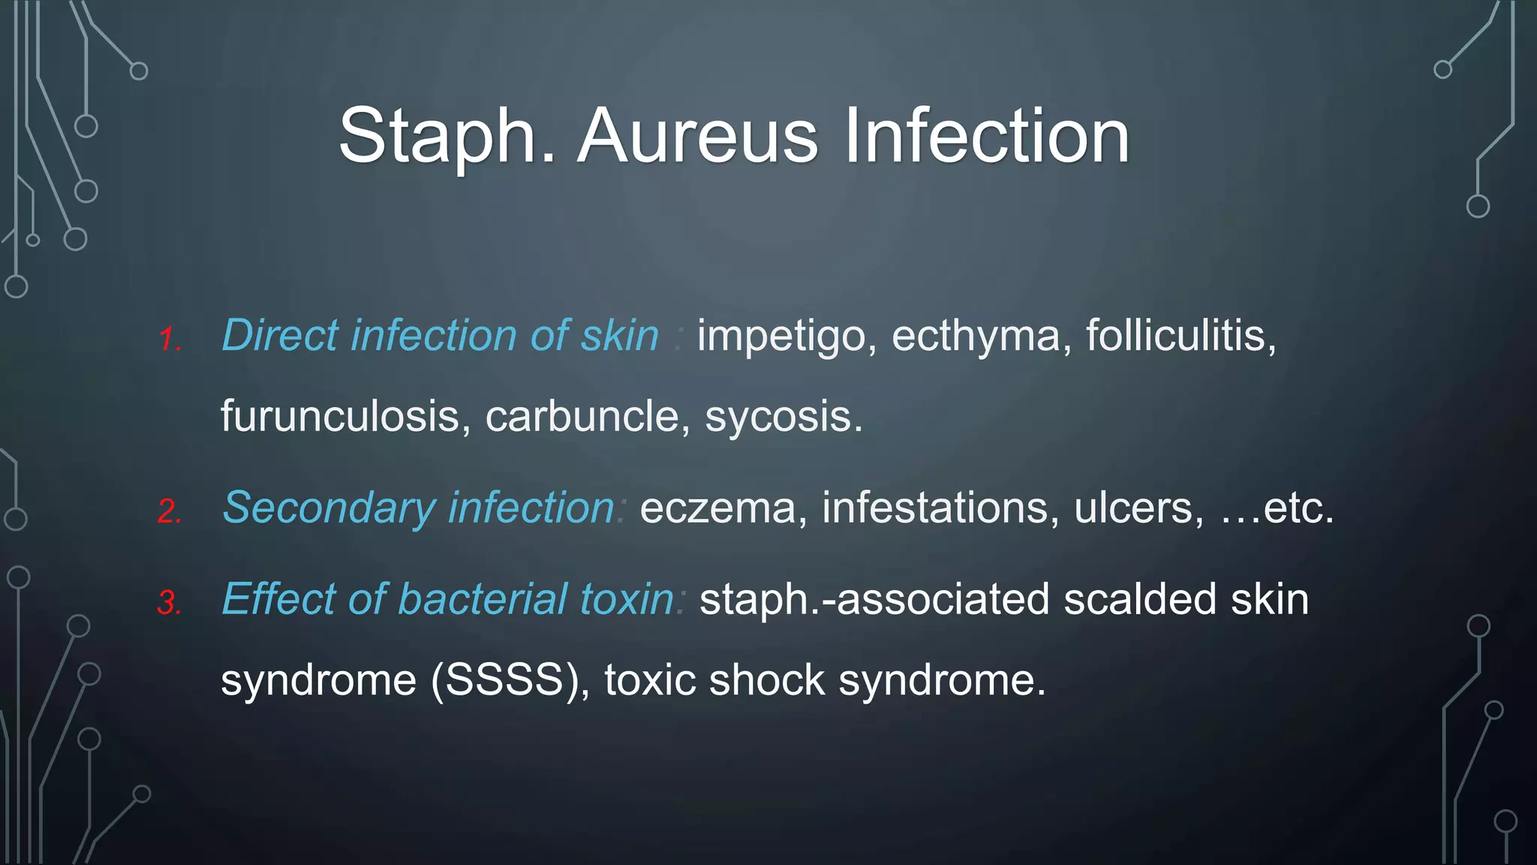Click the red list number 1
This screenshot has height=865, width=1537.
click(x=170, y=339)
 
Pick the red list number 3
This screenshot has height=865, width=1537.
click(x=170, y=603)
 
